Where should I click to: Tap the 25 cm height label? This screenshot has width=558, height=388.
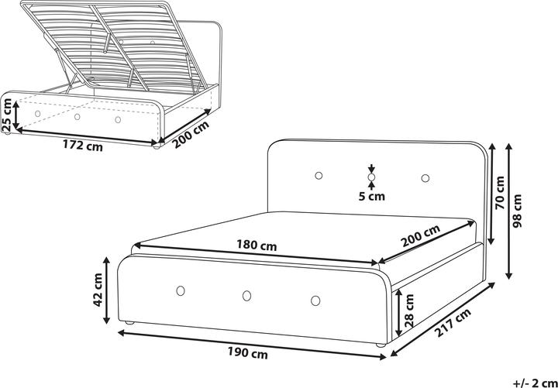click(8, 114)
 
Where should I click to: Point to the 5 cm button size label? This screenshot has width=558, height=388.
click(372, 196)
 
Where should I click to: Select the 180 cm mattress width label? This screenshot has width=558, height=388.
click(257, 246)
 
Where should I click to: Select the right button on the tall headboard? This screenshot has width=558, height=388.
click(425, 179)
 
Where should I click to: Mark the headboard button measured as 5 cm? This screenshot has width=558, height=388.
click(372, 178)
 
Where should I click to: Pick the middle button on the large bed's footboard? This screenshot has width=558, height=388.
click(247, 295)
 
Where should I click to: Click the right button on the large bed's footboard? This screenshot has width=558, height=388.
click(315, 300)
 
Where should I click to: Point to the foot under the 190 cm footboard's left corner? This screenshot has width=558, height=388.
click(129, 322)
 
